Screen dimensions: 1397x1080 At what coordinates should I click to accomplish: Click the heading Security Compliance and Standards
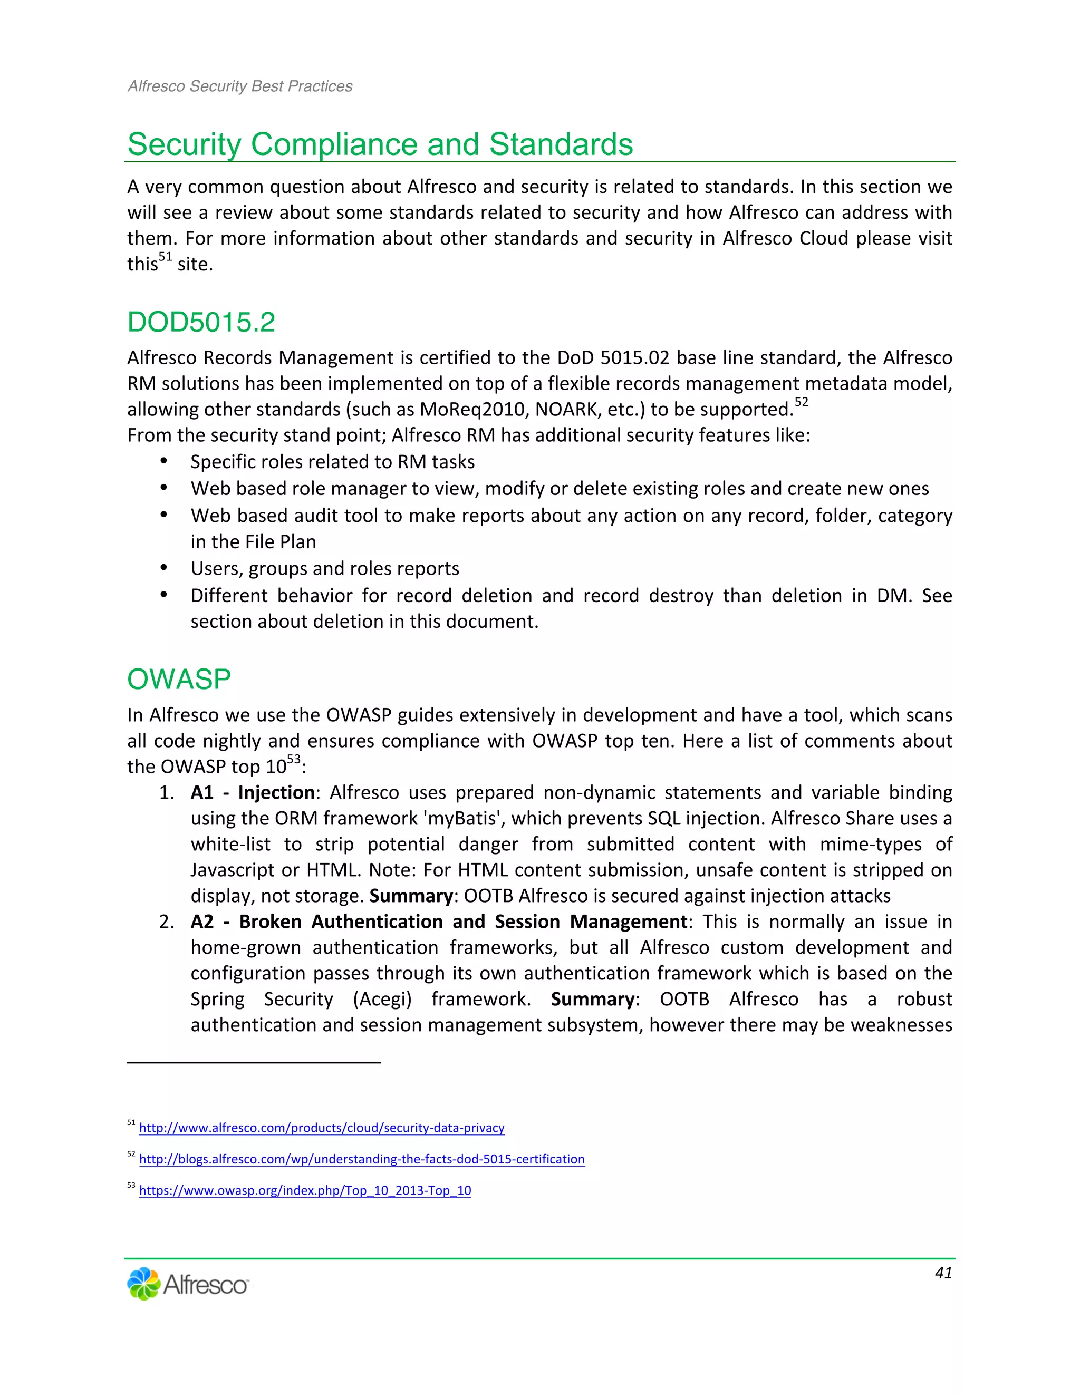(x=380, y=144)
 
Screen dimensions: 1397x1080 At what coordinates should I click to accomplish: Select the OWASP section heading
(x=179, y=680)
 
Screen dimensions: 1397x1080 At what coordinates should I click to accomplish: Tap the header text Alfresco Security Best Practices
(x=240, y=86)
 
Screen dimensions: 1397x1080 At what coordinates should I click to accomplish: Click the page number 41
(x=943, y=1273)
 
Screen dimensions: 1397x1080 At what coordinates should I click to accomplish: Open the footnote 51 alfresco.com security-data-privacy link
(x=321, y=1128)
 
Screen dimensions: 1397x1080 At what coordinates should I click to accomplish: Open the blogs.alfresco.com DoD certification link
(x=361, y=1159)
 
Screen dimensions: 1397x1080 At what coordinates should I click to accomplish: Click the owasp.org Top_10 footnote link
(x=305, y=1190)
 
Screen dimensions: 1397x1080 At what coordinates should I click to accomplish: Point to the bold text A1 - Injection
(x=252, y=792)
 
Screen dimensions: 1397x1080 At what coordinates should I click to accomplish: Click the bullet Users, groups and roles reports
(x=324, y=569)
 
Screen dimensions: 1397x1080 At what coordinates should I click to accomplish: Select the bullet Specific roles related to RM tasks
(x=332, y=462)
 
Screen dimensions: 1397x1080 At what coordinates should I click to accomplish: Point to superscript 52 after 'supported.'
(x=801, y=402)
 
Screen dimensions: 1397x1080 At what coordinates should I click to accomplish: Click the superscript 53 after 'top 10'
(x=293, y=760)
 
